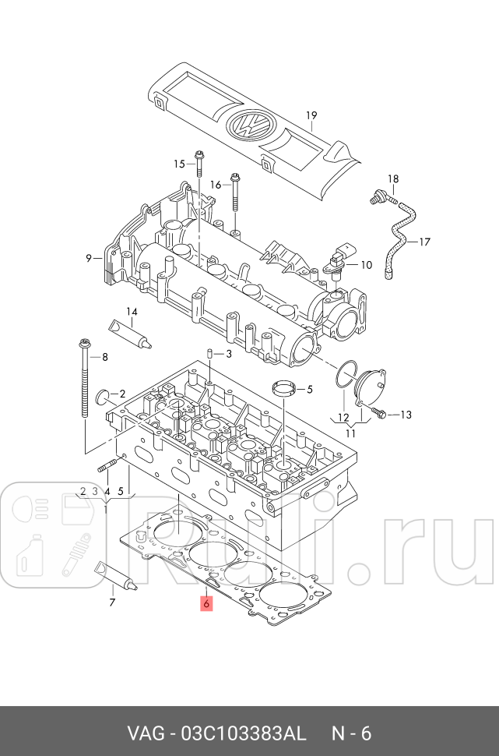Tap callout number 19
[x=311, y=116]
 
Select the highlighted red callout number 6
[x=206, y=603]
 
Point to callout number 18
[x=392, y=179]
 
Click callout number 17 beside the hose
[x=424, y=242]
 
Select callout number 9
[x=89, y=258]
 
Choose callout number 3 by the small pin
[x=229, y=354]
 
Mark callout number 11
[x=351, y=433]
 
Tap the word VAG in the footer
[x=145, y=734]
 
